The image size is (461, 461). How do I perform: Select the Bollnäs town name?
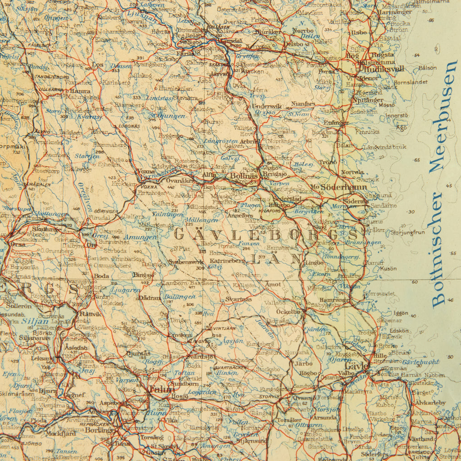244,176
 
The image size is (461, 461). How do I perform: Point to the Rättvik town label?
90,314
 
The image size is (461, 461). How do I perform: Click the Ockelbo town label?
288,312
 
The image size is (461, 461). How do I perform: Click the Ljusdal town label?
230,41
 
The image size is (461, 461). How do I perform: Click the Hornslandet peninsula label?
411,82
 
